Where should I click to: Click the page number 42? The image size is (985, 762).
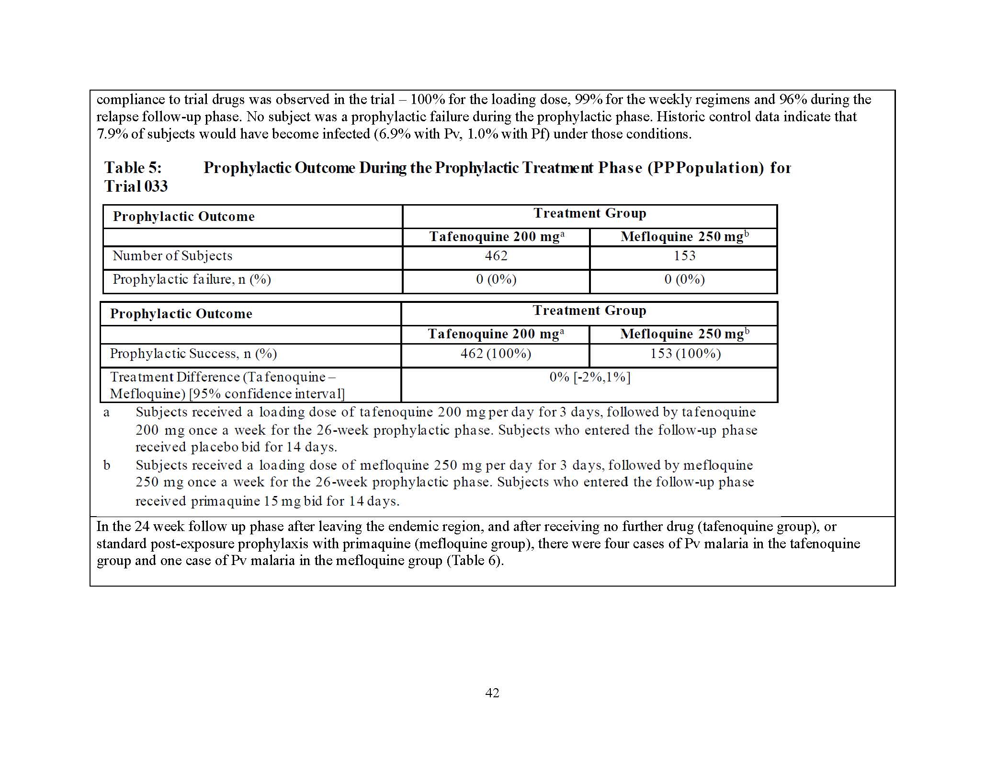tap(492, 693)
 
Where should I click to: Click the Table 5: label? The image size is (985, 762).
tap(133, 168)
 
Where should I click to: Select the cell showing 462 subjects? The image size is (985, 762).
tap(496, 256)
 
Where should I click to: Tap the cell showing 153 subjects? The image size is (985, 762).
tap(684, 256)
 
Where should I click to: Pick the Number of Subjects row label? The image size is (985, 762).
tap(172, 256)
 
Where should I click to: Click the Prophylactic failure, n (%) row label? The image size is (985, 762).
tap(192, 279)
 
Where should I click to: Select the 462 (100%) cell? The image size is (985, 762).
tap(496, 354)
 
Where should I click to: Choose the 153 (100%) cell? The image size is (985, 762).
tap(685, 354)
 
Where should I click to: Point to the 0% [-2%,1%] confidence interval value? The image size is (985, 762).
tap(589, 377)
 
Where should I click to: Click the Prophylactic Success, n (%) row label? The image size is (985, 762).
tap(193, 354)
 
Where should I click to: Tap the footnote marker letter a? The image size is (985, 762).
tap(106, 413)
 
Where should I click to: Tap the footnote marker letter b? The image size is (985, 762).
tap(107, 465)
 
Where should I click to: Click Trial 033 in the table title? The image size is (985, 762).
tap(136, 186)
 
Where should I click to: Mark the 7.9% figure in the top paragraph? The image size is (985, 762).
tap(112, 134)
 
